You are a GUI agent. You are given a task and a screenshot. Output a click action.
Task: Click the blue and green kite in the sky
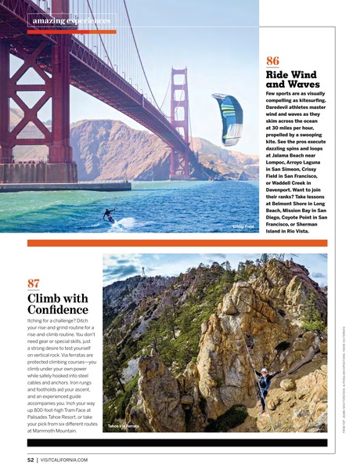[227, 117]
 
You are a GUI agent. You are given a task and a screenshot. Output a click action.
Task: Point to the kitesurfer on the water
[109, 215]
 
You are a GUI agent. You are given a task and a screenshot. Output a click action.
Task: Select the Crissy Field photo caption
[243, 226]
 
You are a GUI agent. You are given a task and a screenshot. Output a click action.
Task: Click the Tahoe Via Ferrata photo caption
[124, 427]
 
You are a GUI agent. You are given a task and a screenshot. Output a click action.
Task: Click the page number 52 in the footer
[31, 460]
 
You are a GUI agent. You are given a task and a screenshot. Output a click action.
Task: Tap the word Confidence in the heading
[56, 311]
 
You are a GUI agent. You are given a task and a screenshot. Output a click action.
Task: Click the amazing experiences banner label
[70, 20]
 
